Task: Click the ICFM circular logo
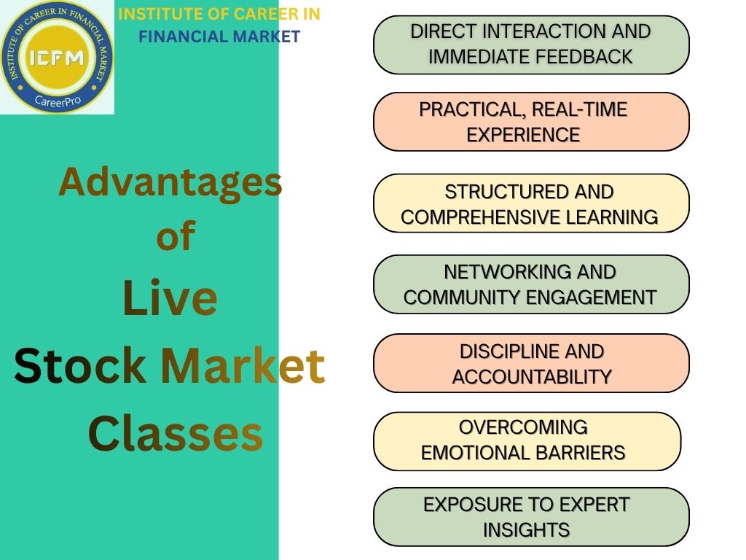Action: coord(57,57)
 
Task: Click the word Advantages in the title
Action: coord(170,182)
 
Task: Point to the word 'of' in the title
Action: coord(176,236)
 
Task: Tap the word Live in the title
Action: coord(170,298)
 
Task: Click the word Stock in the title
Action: coord(79,366)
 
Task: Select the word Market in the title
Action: coord(243,366)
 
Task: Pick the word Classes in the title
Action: coord(175,433)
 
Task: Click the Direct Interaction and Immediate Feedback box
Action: coord(531,44)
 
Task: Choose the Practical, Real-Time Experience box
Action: coord(531,122)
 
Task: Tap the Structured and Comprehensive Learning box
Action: coord(531,203)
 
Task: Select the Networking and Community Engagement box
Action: coord(531,284)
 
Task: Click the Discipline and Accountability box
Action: coord(531,364)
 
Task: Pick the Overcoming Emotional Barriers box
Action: coord(527,441)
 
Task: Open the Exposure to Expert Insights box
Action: coord(531,517)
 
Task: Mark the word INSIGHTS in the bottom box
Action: coord(527,530)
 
